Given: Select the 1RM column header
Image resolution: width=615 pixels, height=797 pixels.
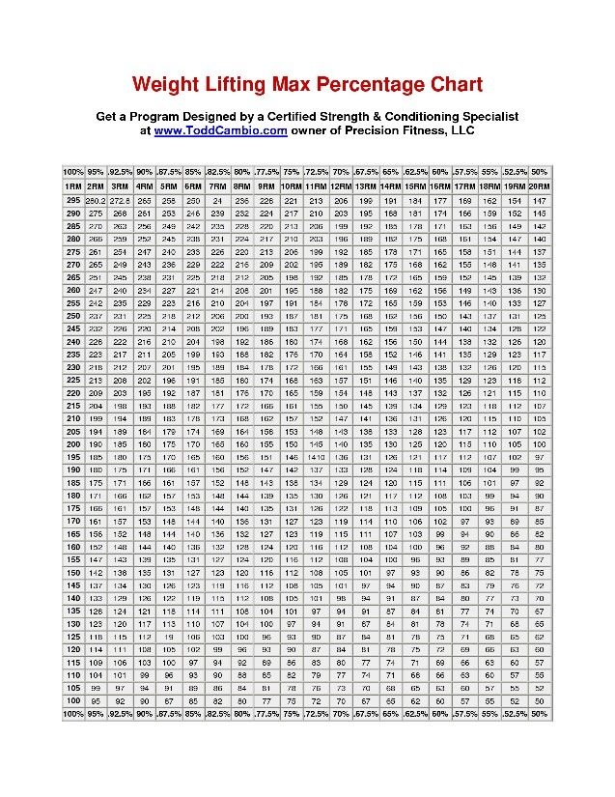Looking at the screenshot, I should [73, 185].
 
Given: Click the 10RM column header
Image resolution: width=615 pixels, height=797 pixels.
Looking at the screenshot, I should [291, 185].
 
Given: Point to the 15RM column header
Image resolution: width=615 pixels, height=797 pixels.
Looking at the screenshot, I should [416, 185].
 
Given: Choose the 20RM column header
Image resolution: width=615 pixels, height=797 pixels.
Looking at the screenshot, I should [539, 185].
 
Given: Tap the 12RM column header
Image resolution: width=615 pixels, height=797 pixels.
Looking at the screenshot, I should [341, 185].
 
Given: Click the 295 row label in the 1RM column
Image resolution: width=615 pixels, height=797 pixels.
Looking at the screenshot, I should [72, 199].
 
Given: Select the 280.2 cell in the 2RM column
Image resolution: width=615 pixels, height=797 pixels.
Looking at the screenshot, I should [97, 199].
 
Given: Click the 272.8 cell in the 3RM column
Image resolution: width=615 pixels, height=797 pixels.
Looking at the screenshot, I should [120, 199].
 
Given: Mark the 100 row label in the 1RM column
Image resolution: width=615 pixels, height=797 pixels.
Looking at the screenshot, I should [72, 699].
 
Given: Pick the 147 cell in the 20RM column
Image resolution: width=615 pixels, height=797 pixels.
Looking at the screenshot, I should [539, 199].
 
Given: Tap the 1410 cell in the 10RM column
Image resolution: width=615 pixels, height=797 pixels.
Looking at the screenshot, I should [291, 456].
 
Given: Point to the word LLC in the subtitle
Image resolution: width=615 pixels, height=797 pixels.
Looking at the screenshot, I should [461, 129].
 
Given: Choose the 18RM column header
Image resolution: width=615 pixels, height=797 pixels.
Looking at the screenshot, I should [490, 185].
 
